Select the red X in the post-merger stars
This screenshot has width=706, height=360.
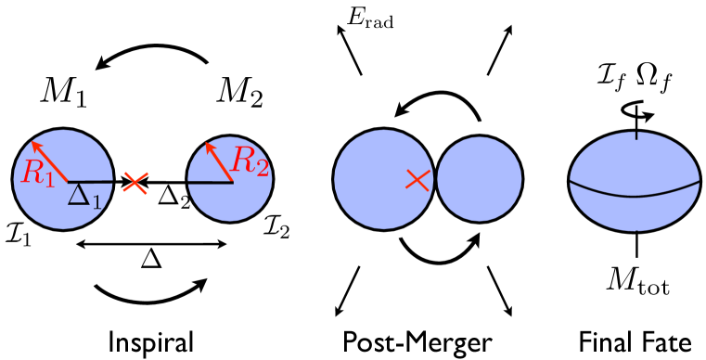418,181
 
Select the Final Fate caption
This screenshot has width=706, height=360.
635,341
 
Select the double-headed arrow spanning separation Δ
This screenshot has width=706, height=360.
150,244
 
